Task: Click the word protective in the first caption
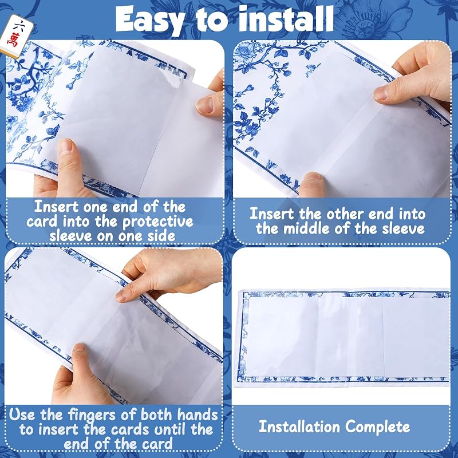coord(158,222)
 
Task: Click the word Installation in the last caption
coord(299,427)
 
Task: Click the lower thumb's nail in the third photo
coord(79,349)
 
